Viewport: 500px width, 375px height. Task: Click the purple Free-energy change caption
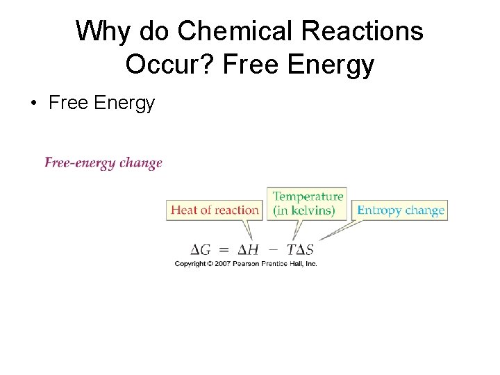[103, 163]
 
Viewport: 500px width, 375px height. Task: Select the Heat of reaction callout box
[215, 210]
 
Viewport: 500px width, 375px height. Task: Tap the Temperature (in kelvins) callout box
[307, 203]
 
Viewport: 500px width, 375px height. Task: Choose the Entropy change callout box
[400, 210]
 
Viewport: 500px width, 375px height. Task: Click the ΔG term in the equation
[202, 249]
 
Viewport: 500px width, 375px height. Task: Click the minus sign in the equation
[273, 249]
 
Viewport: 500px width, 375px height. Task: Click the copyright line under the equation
[246, 264]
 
